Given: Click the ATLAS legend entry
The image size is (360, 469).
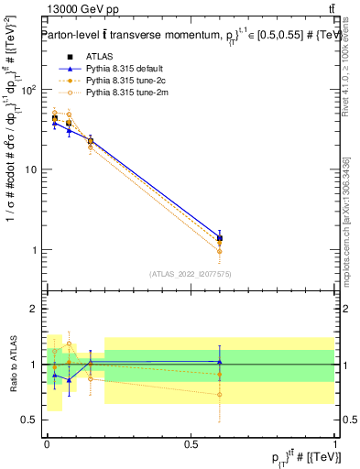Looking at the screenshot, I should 101,57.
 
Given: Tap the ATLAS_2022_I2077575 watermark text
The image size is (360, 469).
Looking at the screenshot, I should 190,273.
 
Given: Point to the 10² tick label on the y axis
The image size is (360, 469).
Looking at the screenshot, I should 29,90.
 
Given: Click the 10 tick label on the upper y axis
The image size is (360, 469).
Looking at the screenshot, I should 31,170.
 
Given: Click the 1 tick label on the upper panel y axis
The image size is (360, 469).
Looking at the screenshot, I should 35,250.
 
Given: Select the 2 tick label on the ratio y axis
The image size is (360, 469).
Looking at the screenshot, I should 35,309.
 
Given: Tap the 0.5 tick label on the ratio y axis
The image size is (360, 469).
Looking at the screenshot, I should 29,420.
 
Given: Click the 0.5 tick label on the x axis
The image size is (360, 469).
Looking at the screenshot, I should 191,442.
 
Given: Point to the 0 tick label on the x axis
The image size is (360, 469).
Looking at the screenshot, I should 47,442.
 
